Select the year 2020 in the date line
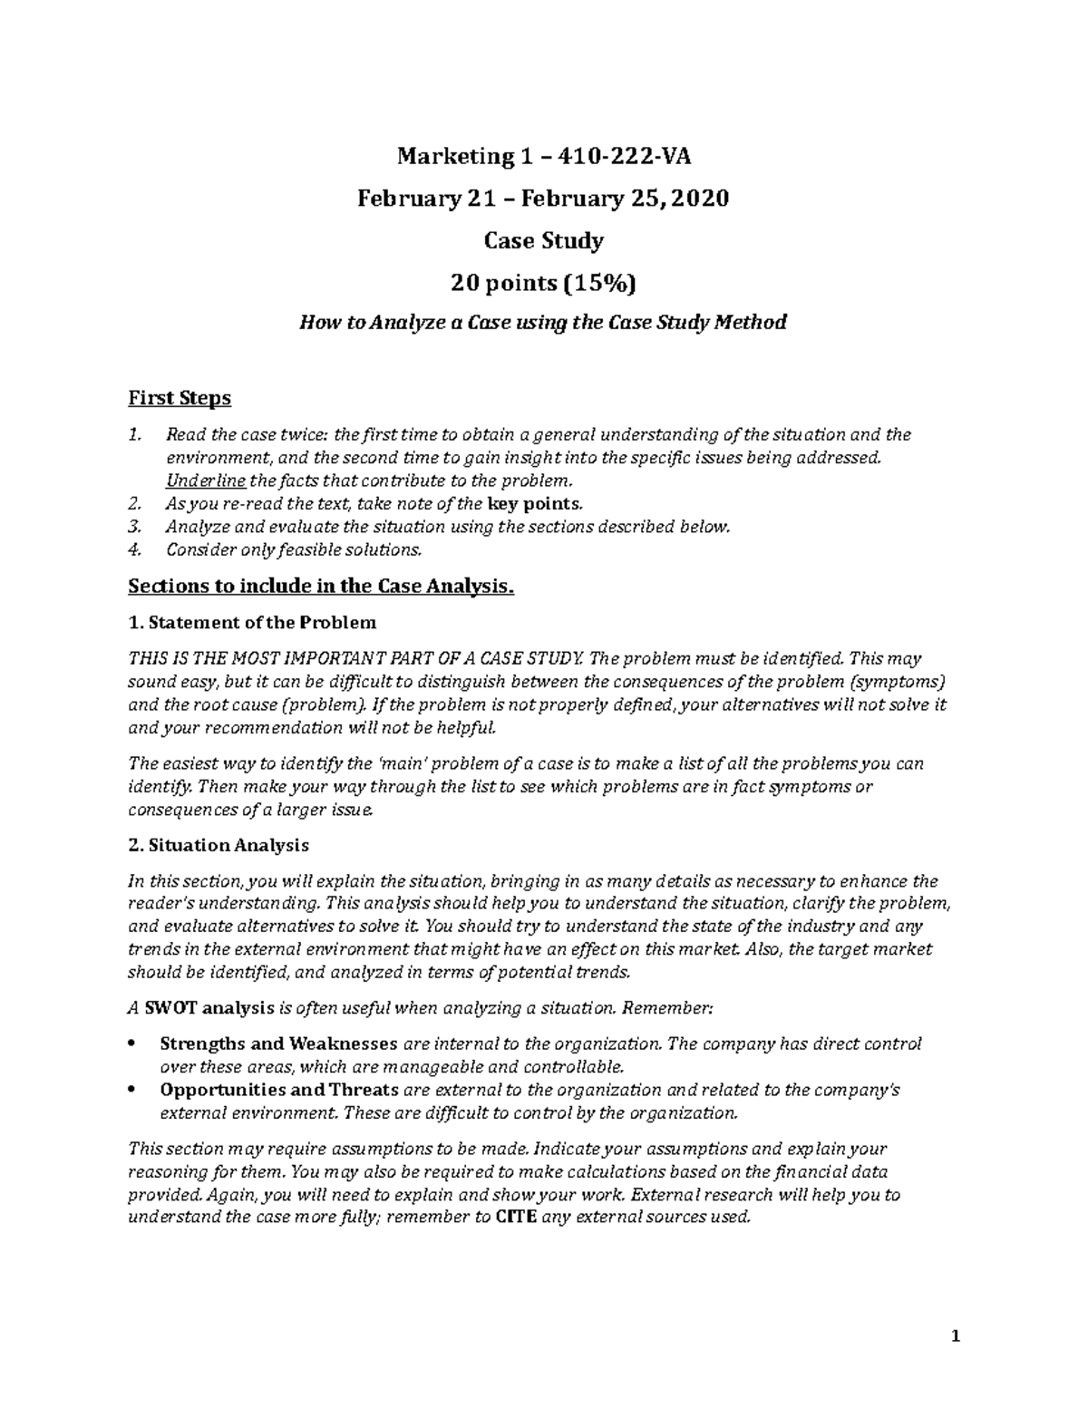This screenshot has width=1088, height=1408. (702, 199)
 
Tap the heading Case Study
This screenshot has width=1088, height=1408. (543, 241)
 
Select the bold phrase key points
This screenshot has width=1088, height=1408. (529, 504)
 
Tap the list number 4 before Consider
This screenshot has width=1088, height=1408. (135, 549)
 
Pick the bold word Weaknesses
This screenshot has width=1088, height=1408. (343, 1044)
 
